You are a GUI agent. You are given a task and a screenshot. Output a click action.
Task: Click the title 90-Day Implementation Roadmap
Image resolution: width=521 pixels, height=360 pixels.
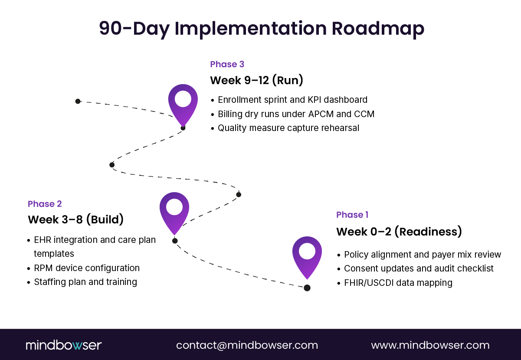click(261, 29)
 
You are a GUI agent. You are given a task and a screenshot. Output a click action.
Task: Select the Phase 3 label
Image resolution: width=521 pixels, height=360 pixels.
click(227, 64)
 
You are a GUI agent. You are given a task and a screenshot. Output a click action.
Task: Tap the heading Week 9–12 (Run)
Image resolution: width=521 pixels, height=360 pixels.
click(256, 81)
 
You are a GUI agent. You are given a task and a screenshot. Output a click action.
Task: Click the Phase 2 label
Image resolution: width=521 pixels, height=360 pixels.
click(45, 204)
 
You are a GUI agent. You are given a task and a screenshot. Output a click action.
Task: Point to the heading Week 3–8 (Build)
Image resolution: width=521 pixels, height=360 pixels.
click(75, 219)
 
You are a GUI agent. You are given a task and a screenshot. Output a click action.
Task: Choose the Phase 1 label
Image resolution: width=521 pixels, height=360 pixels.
click(352, 215)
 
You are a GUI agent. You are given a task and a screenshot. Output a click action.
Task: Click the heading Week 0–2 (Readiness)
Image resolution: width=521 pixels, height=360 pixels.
click(399, 232)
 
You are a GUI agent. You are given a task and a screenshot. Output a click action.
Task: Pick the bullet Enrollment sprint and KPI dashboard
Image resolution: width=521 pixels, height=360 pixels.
click(292, 100)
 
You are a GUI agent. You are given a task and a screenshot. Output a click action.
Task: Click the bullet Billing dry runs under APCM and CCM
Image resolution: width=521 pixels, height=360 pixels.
click(296, 114)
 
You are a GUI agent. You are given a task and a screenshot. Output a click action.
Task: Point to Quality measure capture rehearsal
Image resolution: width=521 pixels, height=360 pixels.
click(288, 128)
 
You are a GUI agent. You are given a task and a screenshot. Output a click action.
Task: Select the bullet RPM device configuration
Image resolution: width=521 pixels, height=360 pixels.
click(87, 268)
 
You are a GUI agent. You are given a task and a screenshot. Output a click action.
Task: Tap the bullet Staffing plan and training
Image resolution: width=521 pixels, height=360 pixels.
click(85, 282)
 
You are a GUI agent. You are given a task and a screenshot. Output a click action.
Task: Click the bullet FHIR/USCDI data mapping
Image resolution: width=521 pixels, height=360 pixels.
click(398, 283)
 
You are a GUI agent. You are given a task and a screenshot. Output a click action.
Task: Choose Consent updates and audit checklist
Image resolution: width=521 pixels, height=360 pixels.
click(419, 268)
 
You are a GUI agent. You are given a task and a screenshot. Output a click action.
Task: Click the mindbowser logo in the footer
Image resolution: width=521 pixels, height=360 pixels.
click(63, 345)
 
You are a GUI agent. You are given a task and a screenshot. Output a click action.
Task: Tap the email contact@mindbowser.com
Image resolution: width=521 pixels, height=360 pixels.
click(247, 345)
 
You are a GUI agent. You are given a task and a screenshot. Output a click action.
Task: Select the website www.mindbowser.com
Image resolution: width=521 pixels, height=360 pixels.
click(430, 345)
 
